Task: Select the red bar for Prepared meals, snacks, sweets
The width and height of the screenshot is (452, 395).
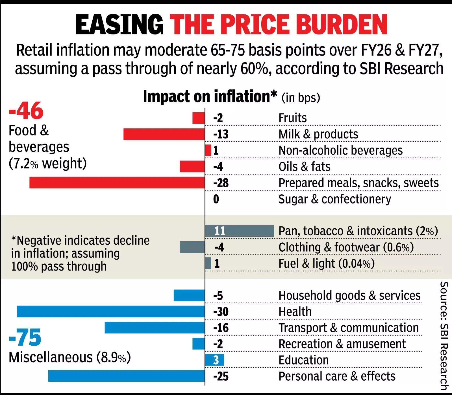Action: click(117, 183)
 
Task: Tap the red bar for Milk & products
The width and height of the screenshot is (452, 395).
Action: click(164, 134)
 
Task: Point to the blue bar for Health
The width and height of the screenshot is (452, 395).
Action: click(111, 311)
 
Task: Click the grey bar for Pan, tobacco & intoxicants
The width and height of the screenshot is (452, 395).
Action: click(240, 231)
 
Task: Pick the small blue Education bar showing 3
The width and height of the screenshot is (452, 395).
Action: click(214, 360)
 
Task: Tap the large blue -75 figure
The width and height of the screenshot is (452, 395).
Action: click(25, 337)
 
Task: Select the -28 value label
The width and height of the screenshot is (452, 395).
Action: click(221, 183)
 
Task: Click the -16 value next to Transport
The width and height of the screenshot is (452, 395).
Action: click(221, 328)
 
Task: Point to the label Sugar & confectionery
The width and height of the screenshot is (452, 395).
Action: click(334, 199)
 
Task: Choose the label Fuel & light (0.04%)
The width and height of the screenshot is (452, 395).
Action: click(326, 264)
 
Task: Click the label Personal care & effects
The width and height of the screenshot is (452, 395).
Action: click(337, 376)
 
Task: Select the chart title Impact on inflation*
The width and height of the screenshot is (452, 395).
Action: click(210, 97)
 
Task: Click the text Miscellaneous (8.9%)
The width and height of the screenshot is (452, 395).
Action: click(69, 357)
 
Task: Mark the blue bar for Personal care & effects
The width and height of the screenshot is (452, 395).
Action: click(126, 376)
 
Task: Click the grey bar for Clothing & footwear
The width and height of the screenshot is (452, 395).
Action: click(192, 247)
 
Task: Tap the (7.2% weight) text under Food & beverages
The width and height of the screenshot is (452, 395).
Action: click(47, 163)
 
